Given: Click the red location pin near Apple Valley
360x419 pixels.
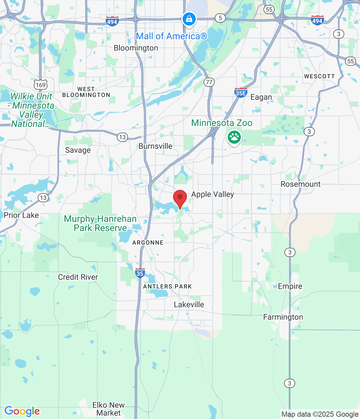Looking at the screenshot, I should pyautogui.click(x=180, y=198).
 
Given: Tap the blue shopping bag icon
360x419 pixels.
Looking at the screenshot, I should pyautogui.click(x=189, y=19).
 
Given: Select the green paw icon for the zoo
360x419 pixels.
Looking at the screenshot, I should pyautogui.click(x=234, y=137).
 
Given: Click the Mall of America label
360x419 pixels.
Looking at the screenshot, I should pyautogui.click(x=171, y=36).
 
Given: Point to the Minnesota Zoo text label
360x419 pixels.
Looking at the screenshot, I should pyautogui.click(x=222, y=123).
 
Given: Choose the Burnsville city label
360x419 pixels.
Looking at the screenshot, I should pyautogui.click(x=155, y=146).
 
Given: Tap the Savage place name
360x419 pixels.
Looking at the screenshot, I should pyautogui.click(x=78, y=150).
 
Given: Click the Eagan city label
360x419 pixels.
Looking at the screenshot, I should pyautogui.click(x=261, y=97).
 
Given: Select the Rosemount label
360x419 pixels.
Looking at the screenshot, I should pyautogui.click(x=300, y=184).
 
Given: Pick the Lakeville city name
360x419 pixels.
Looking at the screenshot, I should pyautogui.click(x=189, y=304).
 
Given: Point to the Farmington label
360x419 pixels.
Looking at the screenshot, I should pyautogui.click(x=283, y=317).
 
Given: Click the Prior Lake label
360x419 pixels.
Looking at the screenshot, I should pyautogui.click(x=21, y=215).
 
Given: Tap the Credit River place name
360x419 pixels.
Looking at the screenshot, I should pyautogui.click(x=78, y=277).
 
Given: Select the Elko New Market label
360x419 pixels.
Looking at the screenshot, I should pyautogui.click(x=109, y=409).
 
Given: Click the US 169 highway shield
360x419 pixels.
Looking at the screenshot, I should pyautogui.click(x=41, y=85).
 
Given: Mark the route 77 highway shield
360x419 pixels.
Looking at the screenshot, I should pyautogui.click(x=209, y=82).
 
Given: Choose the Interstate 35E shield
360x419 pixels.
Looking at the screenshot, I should pyautogui.click(x=241, y=93).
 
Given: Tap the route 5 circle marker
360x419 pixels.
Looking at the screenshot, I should pyautogui.click(x=220, y=18).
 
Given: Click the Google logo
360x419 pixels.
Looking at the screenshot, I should pyautogui.click(x=22, y=411).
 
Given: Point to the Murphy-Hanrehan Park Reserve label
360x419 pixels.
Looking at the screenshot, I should pyautogui.click(x=100, y=223).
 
